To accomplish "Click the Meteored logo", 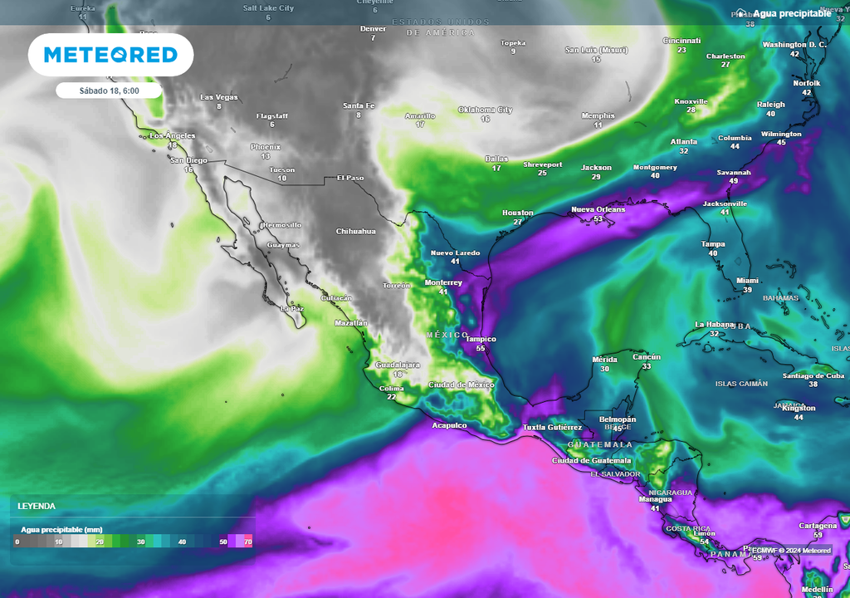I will pos(110,55).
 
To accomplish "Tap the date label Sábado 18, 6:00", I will pos(110,90).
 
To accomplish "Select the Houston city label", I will pos(517,213).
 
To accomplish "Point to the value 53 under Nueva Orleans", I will pos(598,219).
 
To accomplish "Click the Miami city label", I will pos(747,281).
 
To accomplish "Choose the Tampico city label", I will pos(480,339).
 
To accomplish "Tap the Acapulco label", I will pos(449,425).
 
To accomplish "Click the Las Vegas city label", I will pos(219,97).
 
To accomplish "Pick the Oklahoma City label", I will pos(485,110).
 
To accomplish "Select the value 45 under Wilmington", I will pos(780,143).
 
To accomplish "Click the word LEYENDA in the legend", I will pos(37,506).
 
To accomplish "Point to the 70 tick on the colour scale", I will pos(247,542).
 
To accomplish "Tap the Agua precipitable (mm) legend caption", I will pos(61,528).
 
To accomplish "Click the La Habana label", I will pos(715,324).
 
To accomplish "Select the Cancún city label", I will pos(647,357).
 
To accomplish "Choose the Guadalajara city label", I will pos(398,365).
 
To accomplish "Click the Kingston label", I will pos(799,408).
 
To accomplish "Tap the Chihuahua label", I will pos(355,231).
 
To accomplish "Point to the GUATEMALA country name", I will pos(600,444).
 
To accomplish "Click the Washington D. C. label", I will pos(794,44).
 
